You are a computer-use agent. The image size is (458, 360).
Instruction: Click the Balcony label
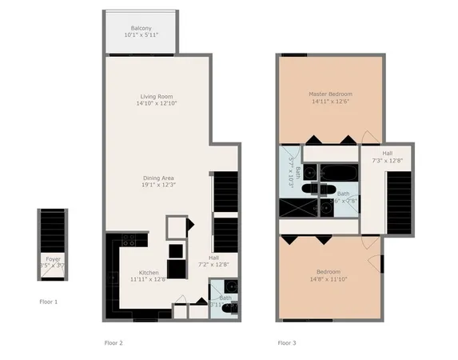point(141,28)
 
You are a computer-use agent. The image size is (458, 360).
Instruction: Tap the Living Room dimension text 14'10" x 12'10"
point(157,103)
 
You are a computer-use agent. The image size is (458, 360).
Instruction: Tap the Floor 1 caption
point(49,302)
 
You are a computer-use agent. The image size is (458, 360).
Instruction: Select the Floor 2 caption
point(114,342)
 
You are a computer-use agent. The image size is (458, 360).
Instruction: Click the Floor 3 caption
point(286,342)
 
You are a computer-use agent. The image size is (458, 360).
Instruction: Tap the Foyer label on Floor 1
point(53,259)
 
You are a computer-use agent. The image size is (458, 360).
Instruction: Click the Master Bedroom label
point(330,94)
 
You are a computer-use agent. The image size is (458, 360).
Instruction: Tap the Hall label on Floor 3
point(387,153)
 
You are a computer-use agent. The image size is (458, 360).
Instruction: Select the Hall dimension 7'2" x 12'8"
point(213,264)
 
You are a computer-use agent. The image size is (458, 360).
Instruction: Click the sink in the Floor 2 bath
point(229,286)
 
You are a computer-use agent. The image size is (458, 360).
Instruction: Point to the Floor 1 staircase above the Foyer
point(53,229)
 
